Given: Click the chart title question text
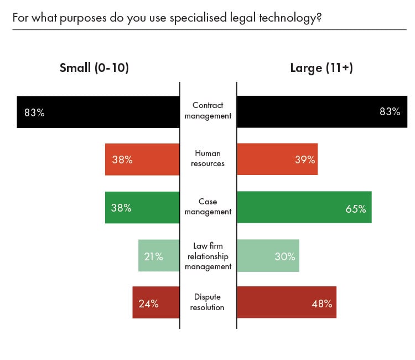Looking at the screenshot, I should coord(167,18).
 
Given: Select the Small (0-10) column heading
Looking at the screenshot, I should coord(94,68).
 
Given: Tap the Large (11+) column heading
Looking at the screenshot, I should coord(321,68).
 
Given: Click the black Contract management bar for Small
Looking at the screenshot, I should coord(98,112).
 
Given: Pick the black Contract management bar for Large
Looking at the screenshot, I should coord(322,112).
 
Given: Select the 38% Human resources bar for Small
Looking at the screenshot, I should coord(142,160).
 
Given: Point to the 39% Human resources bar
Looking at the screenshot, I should coord(277,160).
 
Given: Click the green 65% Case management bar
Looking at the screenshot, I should coord(304,207).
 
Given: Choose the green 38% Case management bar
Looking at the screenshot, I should coord(142,207).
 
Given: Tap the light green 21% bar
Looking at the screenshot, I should coord(159,255).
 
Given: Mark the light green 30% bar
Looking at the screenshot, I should coord(268,255).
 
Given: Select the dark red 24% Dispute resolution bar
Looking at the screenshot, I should coord(156,302).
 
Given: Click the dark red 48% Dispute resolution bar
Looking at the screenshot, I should coord(287,302).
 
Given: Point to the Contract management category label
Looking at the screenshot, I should coord(208,111).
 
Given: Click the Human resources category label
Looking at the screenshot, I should coord(208,159).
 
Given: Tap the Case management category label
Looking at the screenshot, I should coord(208,207).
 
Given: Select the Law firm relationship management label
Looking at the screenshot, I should coord(208,255).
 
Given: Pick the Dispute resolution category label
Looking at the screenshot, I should coord(208,302).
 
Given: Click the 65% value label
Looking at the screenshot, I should coord(356,209).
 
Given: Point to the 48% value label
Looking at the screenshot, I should coord(321,304).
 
